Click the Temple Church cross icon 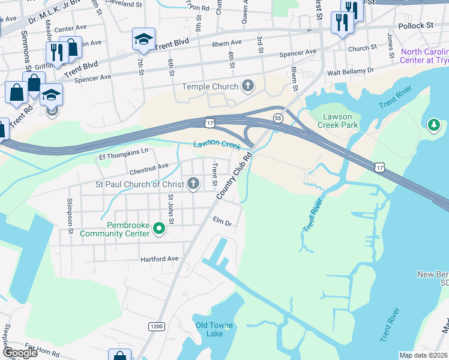(x=247, y=86)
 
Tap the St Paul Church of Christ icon (x=193, y=184)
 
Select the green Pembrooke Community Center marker (x=159, y=229)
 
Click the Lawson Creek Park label (x=340, y=121)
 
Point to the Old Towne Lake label (x=214, y=329)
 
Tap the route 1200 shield (x=157, y=326)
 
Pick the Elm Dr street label (x=222, y=221)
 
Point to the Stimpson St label (x=70, y=215)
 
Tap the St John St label (x=171, y=209)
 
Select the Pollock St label (x=415, y=26)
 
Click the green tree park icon (x=434, y=125)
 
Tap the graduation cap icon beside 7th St (x=143, y=40)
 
